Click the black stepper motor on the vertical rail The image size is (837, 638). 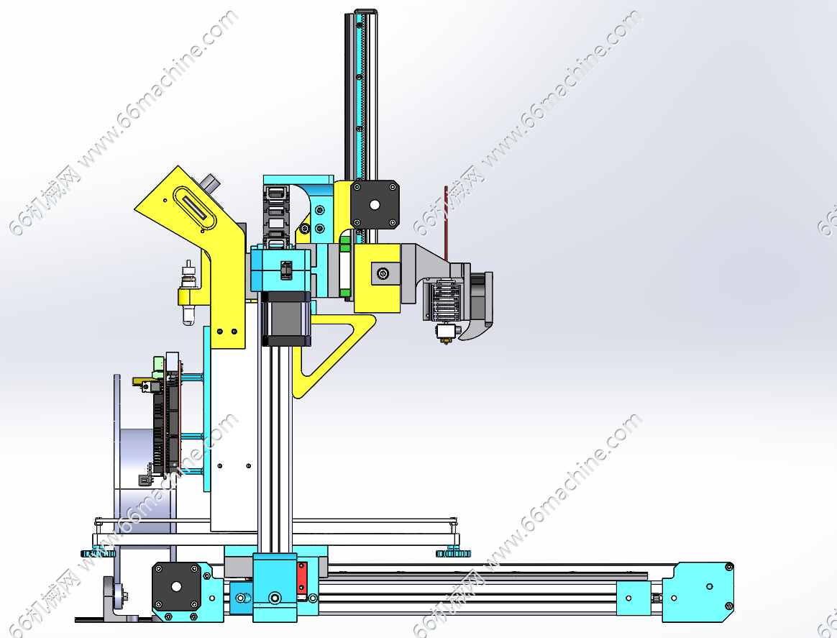[x=375, y=204]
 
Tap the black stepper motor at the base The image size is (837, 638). [x=176, y=585]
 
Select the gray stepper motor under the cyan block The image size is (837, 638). [x=285, y=318]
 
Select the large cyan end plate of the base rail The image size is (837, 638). [x=698, y=592]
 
